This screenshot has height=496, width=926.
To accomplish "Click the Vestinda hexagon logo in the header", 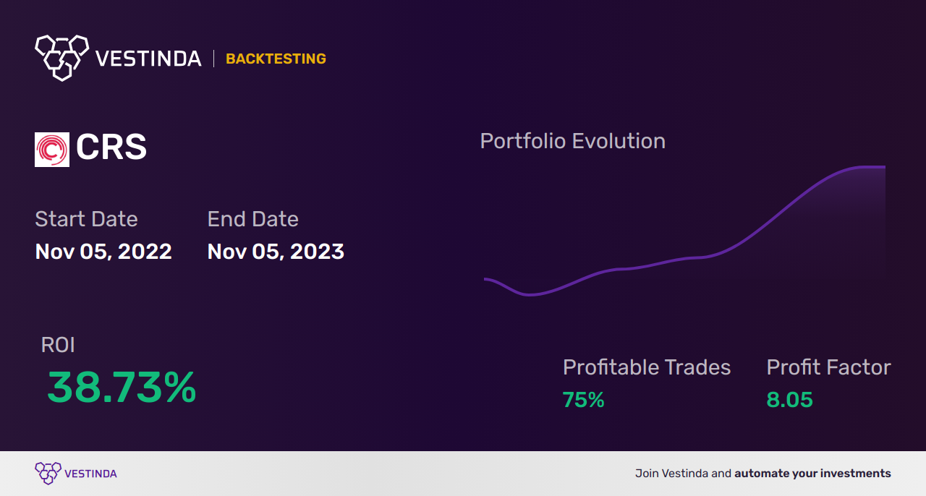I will tap(61, 56).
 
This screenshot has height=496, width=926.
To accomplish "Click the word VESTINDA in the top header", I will tap(148, 59).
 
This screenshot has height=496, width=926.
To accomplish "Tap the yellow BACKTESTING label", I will tap(276, 59).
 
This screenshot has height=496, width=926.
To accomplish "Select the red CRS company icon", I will tap(52, 150).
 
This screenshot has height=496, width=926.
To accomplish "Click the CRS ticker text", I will tap(111, 148).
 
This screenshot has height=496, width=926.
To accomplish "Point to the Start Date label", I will tap(86, 219).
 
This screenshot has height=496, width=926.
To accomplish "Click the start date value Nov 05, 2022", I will tap(103, 252).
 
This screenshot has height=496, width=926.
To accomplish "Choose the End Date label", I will tap(252, 219).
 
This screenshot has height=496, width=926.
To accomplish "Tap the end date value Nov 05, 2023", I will tap(276, 252).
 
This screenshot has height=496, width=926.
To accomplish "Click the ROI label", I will tap(58, 345).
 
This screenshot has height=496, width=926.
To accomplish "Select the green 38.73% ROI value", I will tap(122, 388).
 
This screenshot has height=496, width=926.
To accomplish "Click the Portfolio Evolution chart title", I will tap(572, 141).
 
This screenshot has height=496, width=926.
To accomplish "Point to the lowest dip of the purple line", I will tap(530, 294).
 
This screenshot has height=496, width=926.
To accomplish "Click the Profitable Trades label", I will tap(647, 367).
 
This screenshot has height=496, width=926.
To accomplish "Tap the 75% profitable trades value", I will tap(583, 400).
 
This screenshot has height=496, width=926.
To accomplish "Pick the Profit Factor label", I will tap(828, 367).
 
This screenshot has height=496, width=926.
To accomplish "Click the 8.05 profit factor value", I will tap(789, 400).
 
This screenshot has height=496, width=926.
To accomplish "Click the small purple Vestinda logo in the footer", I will tap(48, 473).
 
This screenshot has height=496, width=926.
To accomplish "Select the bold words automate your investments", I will tap(812, 474).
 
